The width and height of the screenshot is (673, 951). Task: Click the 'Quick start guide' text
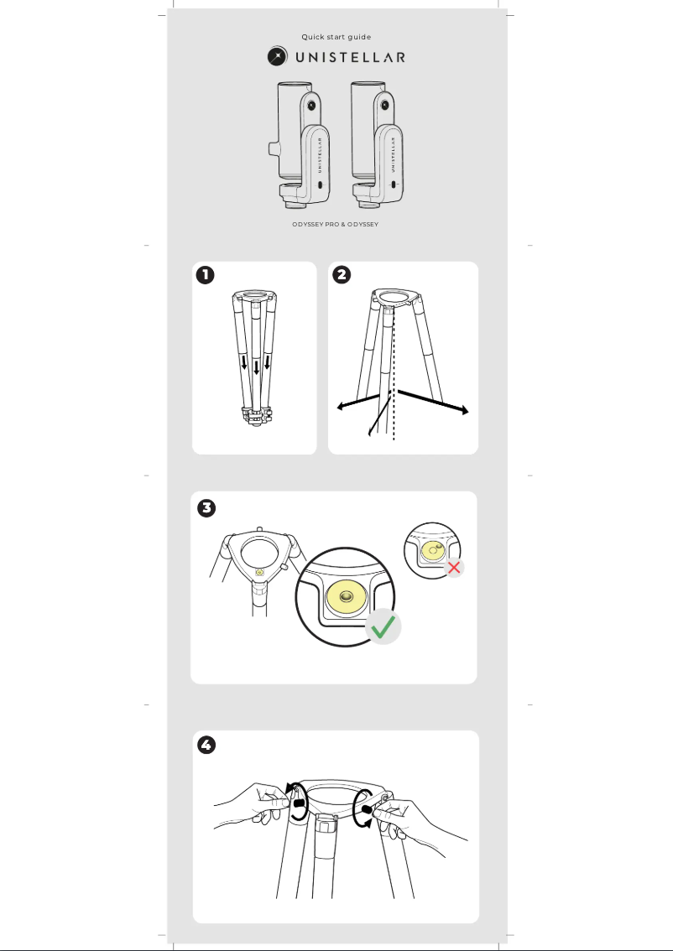(336, 37)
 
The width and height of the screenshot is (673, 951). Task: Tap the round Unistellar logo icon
(278, 57)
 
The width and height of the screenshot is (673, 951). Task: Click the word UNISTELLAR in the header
(349, 57)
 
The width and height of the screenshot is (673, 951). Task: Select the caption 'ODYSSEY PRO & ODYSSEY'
(336, 225)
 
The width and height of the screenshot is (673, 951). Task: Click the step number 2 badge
(342, 274)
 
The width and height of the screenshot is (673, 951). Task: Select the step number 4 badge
(206, 746)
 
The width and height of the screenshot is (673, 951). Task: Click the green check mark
(383, 627)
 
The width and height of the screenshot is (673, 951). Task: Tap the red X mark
(454, 568)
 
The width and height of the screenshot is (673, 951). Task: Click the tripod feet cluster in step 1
(256, 416)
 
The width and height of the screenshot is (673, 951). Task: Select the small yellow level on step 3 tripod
(259, 572)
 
